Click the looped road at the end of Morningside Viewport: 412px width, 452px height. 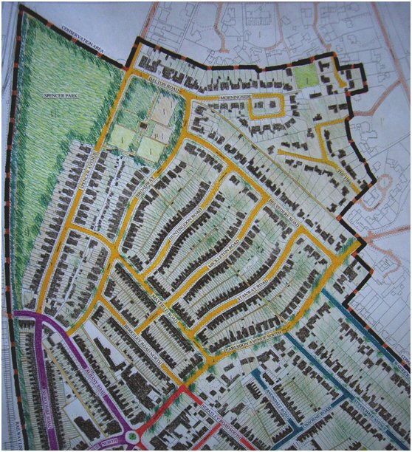coord(266,107)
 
